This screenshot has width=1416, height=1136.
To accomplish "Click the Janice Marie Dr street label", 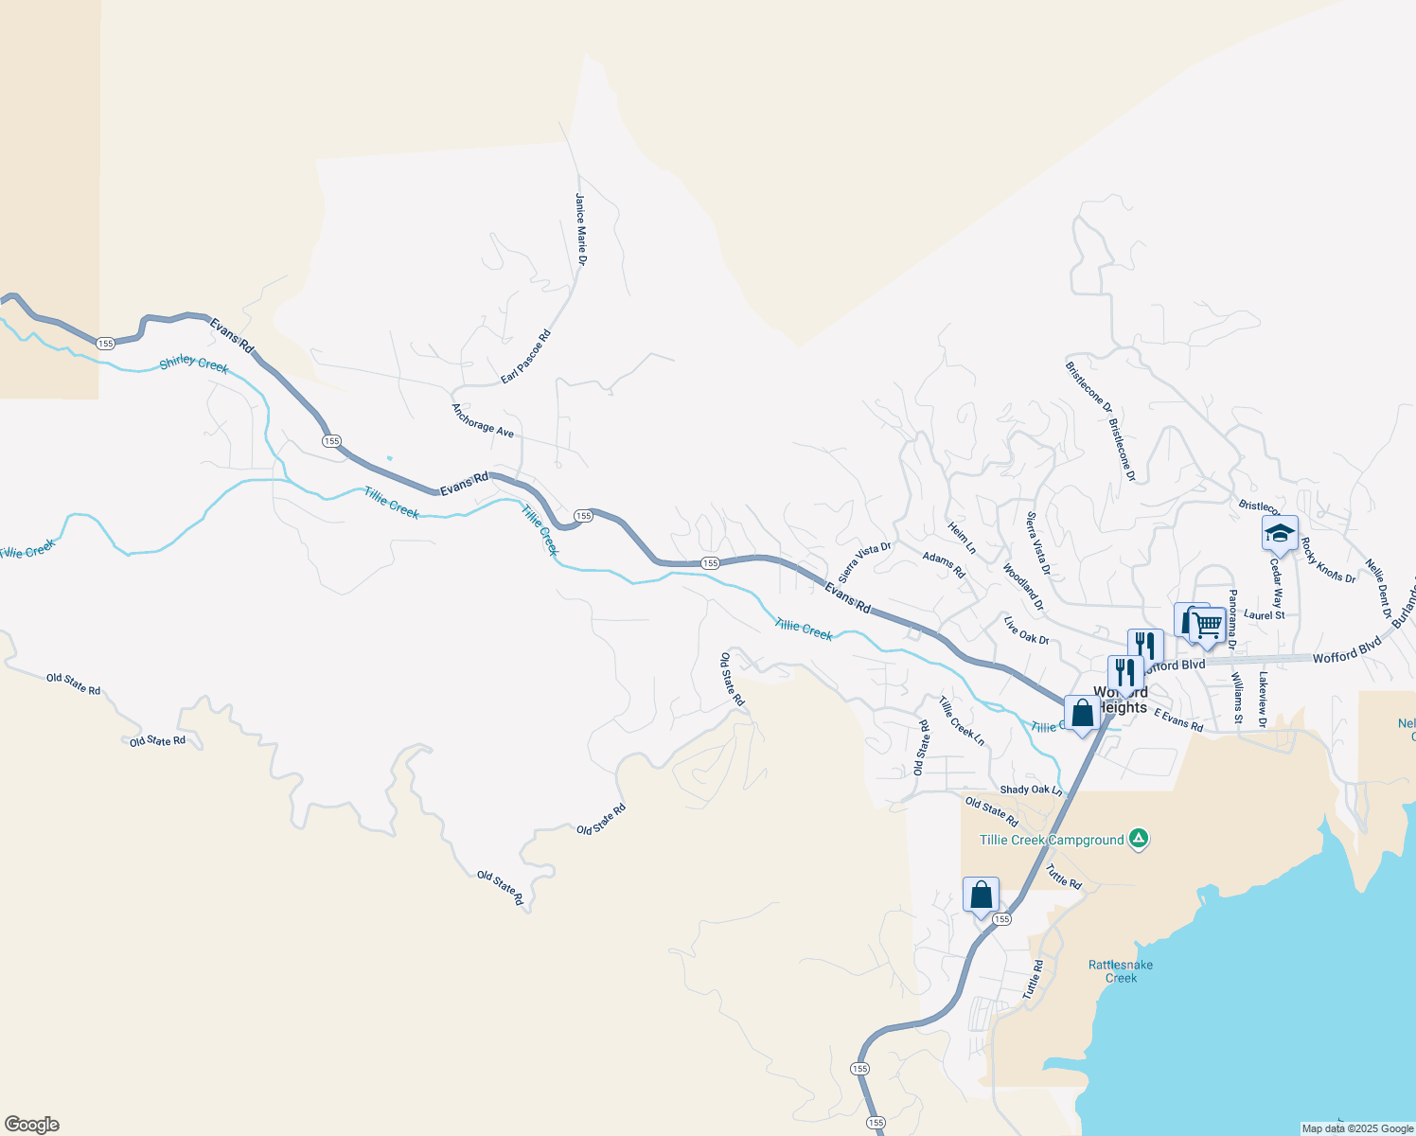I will click(581, 229).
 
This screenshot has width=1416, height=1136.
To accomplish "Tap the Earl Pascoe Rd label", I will click(525, 357).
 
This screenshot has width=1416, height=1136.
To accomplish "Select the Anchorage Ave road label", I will click(483, 420).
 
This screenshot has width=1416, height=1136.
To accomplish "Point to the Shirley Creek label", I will click(194, 364).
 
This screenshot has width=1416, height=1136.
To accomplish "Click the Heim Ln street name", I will click(962, 537).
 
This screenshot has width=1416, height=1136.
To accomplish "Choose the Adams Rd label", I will click(944, 565).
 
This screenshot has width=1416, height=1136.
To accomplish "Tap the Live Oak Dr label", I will click(1026, 631).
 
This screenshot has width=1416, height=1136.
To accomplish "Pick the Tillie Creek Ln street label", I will click(962, 721).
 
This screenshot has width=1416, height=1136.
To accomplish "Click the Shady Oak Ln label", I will click(1031, 790).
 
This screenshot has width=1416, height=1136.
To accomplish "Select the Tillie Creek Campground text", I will click(1052, 840).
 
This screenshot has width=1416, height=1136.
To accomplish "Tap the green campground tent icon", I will click(1140, 838).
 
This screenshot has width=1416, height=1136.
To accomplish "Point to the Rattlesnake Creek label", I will click(1121, 971).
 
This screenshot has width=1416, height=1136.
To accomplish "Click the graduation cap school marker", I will click(1280, 534).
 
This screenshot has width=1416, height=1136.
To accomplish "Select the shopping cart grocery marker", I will click(1206, 625).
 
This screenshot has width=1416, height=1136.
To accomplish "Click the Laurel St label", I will click(1265, 615).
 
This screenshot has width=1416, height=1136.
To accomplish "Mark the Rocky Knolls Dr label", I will click(1328, 560).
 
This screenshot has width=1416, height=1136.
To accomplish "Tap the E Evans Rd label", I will click(1178, 720).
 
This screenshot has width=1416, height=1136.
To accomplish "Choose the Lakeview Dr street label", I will click(1263, 701).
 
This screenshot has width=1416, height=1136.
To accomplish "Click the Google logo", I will click(32, 1125).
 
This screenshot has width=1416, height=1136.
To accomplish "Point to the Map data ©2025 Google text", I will click(1357, 1128).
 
